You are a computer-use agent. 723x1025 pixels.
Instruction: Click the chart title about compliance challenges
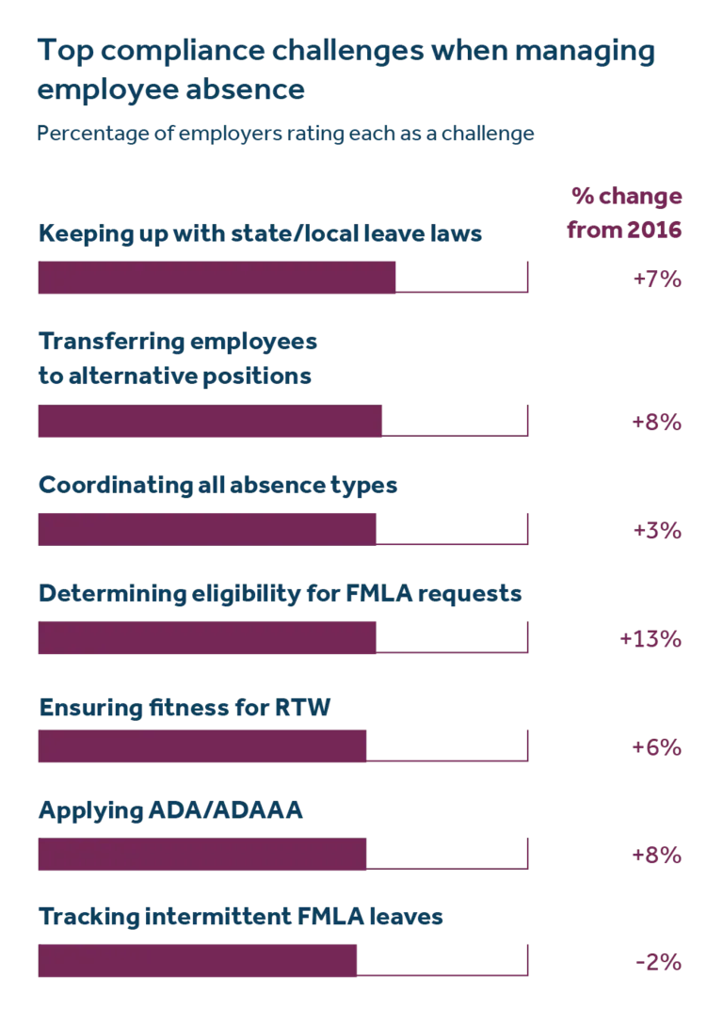click(x=345, y=70)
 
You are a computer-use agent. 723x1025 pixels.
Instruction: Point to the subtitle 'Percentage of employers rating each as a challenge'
click(x=285, y=134)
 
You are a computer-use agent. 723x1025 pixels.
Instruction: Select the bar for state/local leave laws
click(x=217, y=280)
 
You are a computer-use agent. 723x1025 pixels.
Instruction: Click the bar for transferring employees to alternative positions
click(x=210, y=422)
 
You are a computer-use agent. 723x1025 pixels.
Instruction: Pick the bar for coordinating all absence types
click(x=206, y=530)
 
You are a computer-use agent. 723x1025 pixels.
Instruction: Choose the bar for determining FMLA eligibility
click(x=206, y=638)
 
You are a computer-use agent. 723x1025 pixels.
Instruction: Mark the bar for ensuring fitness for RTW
click(x=202, y=746)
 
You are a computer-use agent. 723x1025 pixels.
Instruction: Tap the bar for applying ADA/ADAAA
click(x=202, y=855)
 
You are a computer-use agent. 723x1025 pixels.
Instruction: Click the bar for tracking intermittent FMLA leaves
click(x=198, y=962)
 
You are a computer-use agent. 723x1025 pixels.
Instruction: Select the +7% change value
click(x=657, y=280)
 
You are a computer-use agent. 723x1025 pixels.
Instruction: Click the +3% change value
click(x=657, y=531)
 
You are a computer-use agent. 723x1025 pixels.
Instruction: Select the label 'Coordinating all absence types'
click(x=217, y=486)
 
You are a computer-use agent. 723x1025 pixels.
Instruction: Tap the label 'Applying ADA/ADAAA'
click(x=169, y=809)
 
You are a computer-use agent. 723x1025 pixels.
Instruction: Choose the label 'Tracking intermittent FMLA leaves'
click(x=240, y=917)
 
